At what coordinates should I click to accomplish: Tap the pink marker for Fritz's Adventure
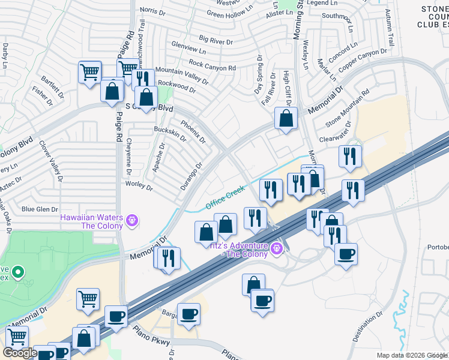click(277, 247)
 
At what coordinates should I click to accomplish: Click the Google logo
click(20, 353)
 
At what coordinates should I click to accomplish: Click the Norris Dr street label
click(152, 10)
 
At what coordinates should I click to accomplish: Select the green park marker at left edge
click(18, 273)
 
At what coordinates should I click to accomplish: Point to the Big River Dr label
click(215, 40)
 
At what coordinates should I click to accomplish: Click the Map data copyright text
click(411, 355)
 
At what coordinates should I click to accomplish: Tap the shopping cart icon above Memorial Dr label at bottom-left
click(88, 298)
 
